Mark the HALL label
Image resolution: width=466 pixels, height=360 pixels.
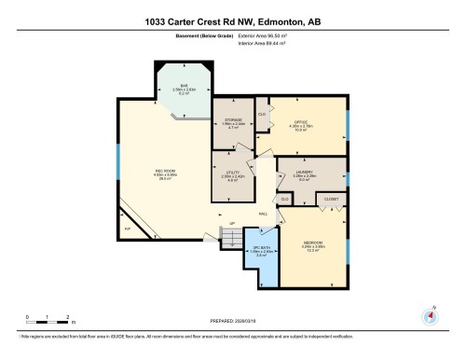tap(264, 214)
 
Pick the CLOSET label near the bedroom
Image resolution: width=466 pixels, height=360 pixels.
tap(331, 199)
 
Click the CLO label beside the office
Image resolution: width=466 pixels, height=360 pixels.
tap(262, 115)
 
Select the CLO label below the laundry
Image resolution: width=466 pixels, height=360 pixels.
tap(284, 199)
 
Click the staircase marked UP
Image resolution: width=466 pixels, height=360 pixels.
tap(226, 238)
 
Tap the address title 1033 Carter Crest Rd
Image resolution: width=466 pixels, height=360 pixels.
tap(233, 21)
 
